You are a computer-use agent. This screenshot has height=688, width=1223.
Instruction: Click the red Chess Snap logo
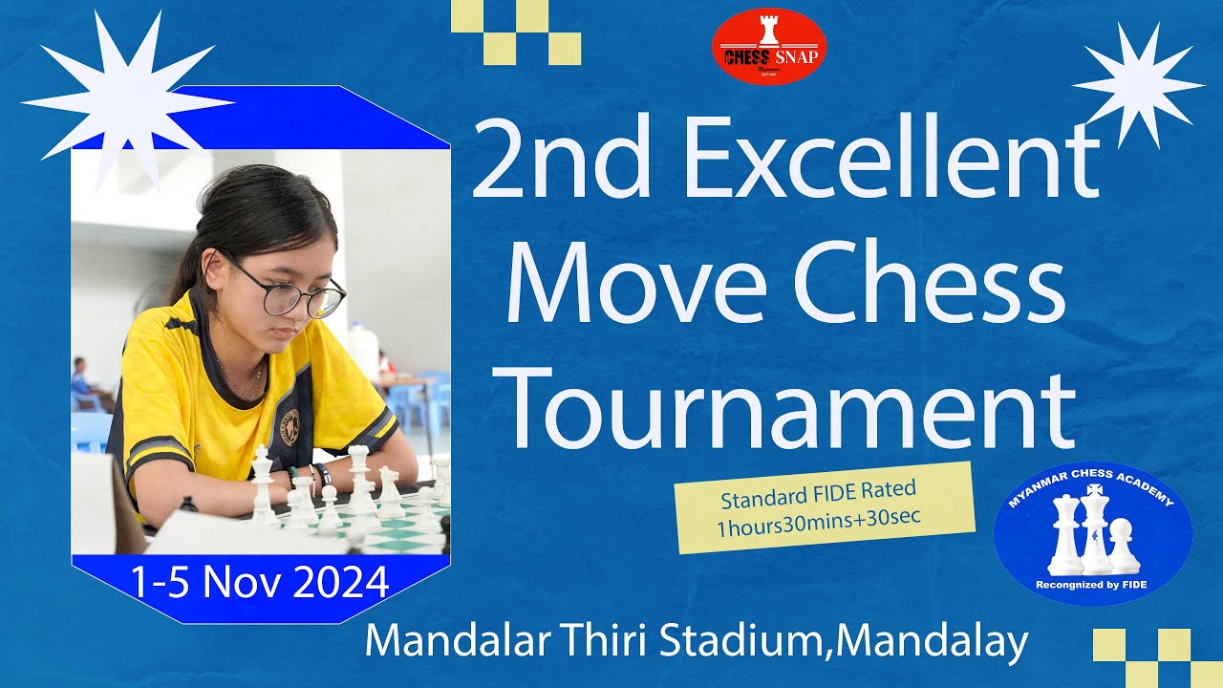point(768,46)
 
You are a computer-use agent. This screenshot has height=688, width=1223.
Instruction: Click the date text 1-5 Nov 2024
point(260,582)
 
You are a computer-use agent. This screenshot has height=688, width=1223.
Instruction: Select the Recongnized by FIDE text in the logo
point(1093,585)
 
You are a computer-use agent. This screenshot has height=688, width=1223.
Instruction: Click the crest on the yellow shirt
point(289,427)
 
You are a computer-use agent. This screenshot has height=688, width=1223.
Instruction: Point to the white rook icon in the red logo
point(768,31)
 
